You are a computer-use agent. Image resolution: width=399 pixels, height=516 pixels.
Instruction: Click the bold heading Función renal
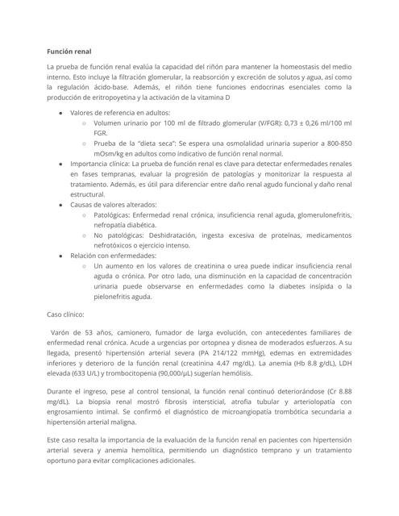tap(69, 51)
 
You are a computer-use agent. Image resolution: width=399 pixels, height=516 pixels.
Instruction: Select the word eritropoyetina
tap(100, 97)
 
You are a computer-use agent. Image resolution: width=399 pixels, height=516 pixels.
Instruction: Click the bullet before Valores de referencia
tap(61, 112)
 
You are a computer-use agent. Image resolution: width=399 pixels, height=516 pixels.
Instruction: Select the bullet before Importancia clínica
tap(61, 163)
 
